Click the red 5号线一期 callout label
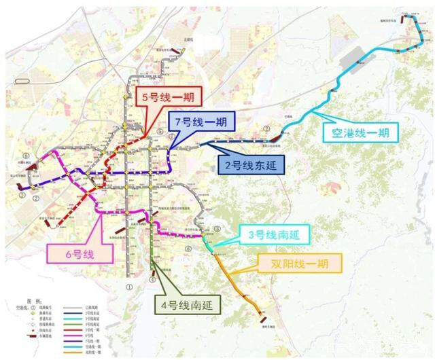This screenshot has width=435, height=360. pos(167,96)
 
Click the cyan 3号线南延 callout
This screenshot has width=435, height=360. pos(278,235)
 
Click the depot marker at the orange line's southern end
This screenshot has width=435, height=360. pos(262,313)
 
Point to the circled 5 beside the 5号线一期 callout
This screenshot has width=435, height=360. pos(159,131)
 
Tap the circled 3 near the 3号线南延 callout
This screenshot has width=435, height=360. pos(217,229)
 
